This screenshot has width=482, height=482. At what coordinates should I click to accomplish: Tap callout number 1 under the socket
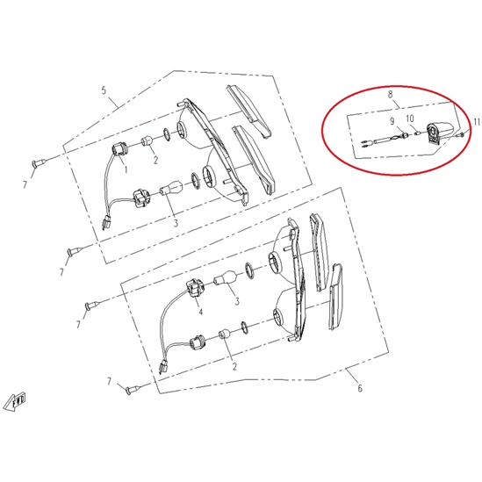[126, 169]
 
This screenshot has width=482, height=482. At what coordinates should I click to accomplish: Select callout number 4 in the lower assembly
[201, 312]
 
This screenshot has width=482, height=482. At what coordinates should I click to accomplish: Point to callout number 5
[104, 90]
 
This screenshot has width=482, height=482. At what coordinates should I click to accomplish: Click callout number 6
[360, 388]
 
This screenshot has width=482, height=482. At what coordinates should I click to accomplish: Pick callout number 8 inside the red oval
[391, 94]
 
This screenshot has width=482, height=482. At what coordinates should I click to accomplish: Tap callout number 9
[392, 121]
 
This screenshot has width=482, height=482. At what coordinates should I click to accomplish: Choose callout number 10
[410, 119]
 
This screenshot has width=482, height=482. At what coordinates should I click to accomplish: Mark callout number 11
[477, 122]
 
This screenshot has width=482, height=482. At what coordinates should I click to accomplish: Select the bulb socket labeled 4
[194, 289]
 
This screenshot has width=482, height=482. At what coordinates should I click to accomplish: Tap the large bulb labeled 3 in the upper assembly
[171, 187]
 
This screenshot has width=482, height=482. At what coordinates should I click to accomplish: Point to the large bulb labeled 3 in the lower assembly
[227, 277]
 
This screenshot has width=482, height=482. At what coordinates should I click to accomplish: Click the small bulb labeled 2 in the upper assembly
[147, 141]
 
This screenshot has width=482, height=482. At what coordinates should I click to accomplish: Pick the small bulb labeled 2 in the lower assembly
[225, 334]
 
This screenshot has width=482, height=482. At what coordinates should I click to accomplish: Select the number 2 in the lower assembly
[234, 366]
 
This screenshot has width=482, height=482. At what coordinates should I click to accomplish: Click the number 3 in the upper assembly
[176, 223]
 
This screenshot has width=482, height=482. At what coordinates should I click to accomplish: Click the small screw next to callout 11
[461, 134]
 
